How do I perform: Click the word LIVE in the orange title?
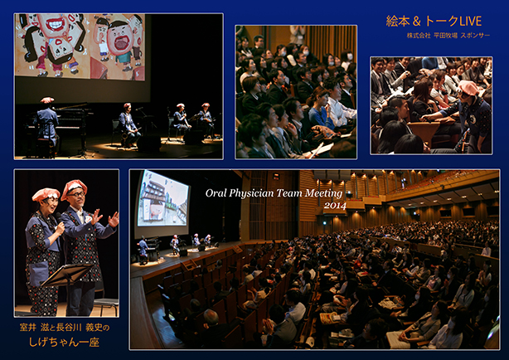[x=470, y=21]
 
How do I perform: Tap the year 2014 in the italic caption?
[x=335, y=205]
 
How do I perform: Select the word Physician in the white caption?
[x=250, y=193]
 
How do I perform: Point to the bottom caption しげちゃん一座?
[x=64, y=342]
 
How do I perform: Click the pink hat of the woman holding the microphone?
[x=46, y=194]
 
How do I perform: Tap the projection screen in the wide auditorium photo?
[x=163, y=199]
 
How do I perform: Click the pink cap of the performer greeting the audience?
[x=468, y=87]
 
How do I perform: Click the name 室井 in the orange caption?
[x=27, y=328]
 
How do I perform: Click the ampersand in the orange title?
[x=417, y=22]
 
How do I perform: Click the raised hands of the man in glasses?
[x=104, y=218]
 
